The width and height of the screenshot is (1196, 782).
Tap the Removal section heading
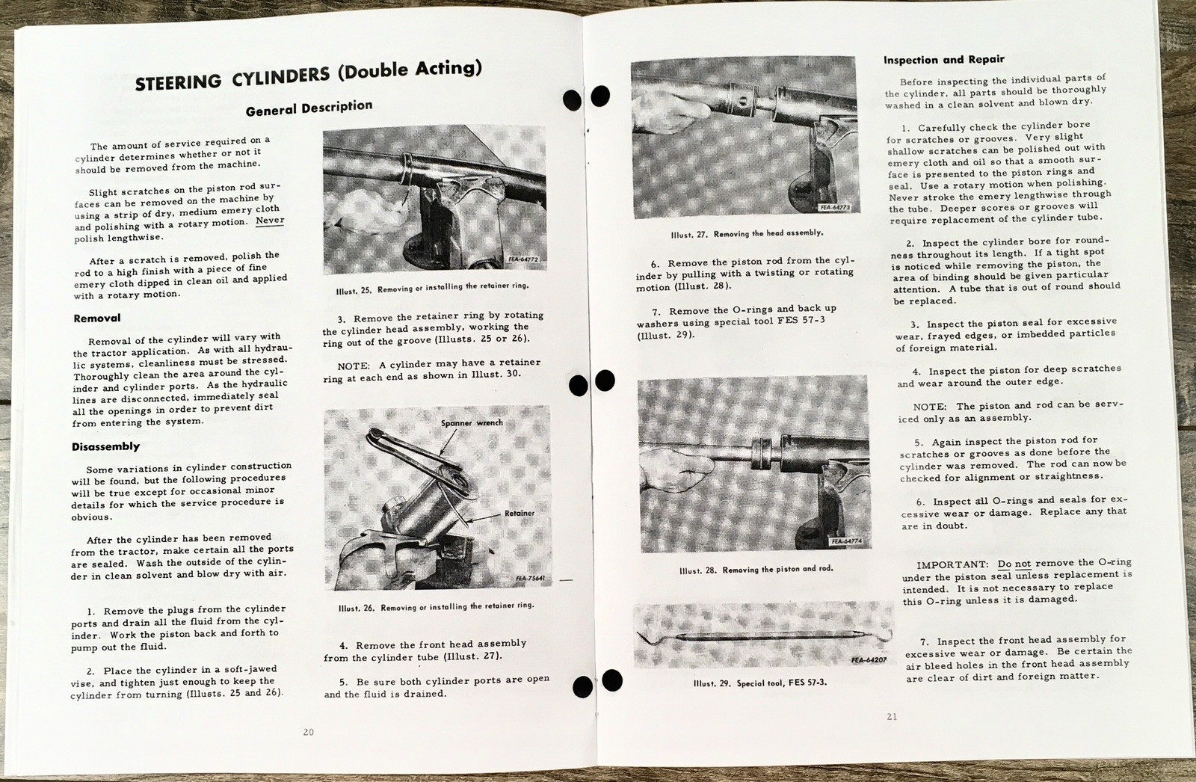[97, 318]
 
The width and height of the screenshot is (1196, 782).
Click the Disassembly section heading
[105, 446]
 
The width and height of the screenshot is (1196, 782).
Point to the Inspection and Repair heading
[943, 59]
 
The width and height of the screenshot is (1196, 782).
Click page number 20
[308, 732]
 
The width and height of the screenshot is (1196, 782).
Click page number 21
[891, 716]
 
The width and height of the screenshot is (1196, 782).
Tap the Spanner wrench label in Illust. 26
[472, 423]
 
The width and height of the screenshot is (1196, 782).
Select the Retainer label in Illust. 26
[519, 513]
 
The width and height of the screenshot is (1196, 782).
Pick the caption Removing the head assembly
[747, 233]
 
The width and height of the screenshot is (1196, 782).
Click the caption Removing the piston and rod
[756, 569]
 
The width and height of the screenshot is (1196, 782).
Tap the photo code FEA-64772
[523, 259]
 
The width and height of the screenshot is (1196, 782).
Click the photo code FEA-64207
[868, 660]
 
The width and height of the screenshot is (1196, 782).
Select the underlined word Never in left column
[270, 221]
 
